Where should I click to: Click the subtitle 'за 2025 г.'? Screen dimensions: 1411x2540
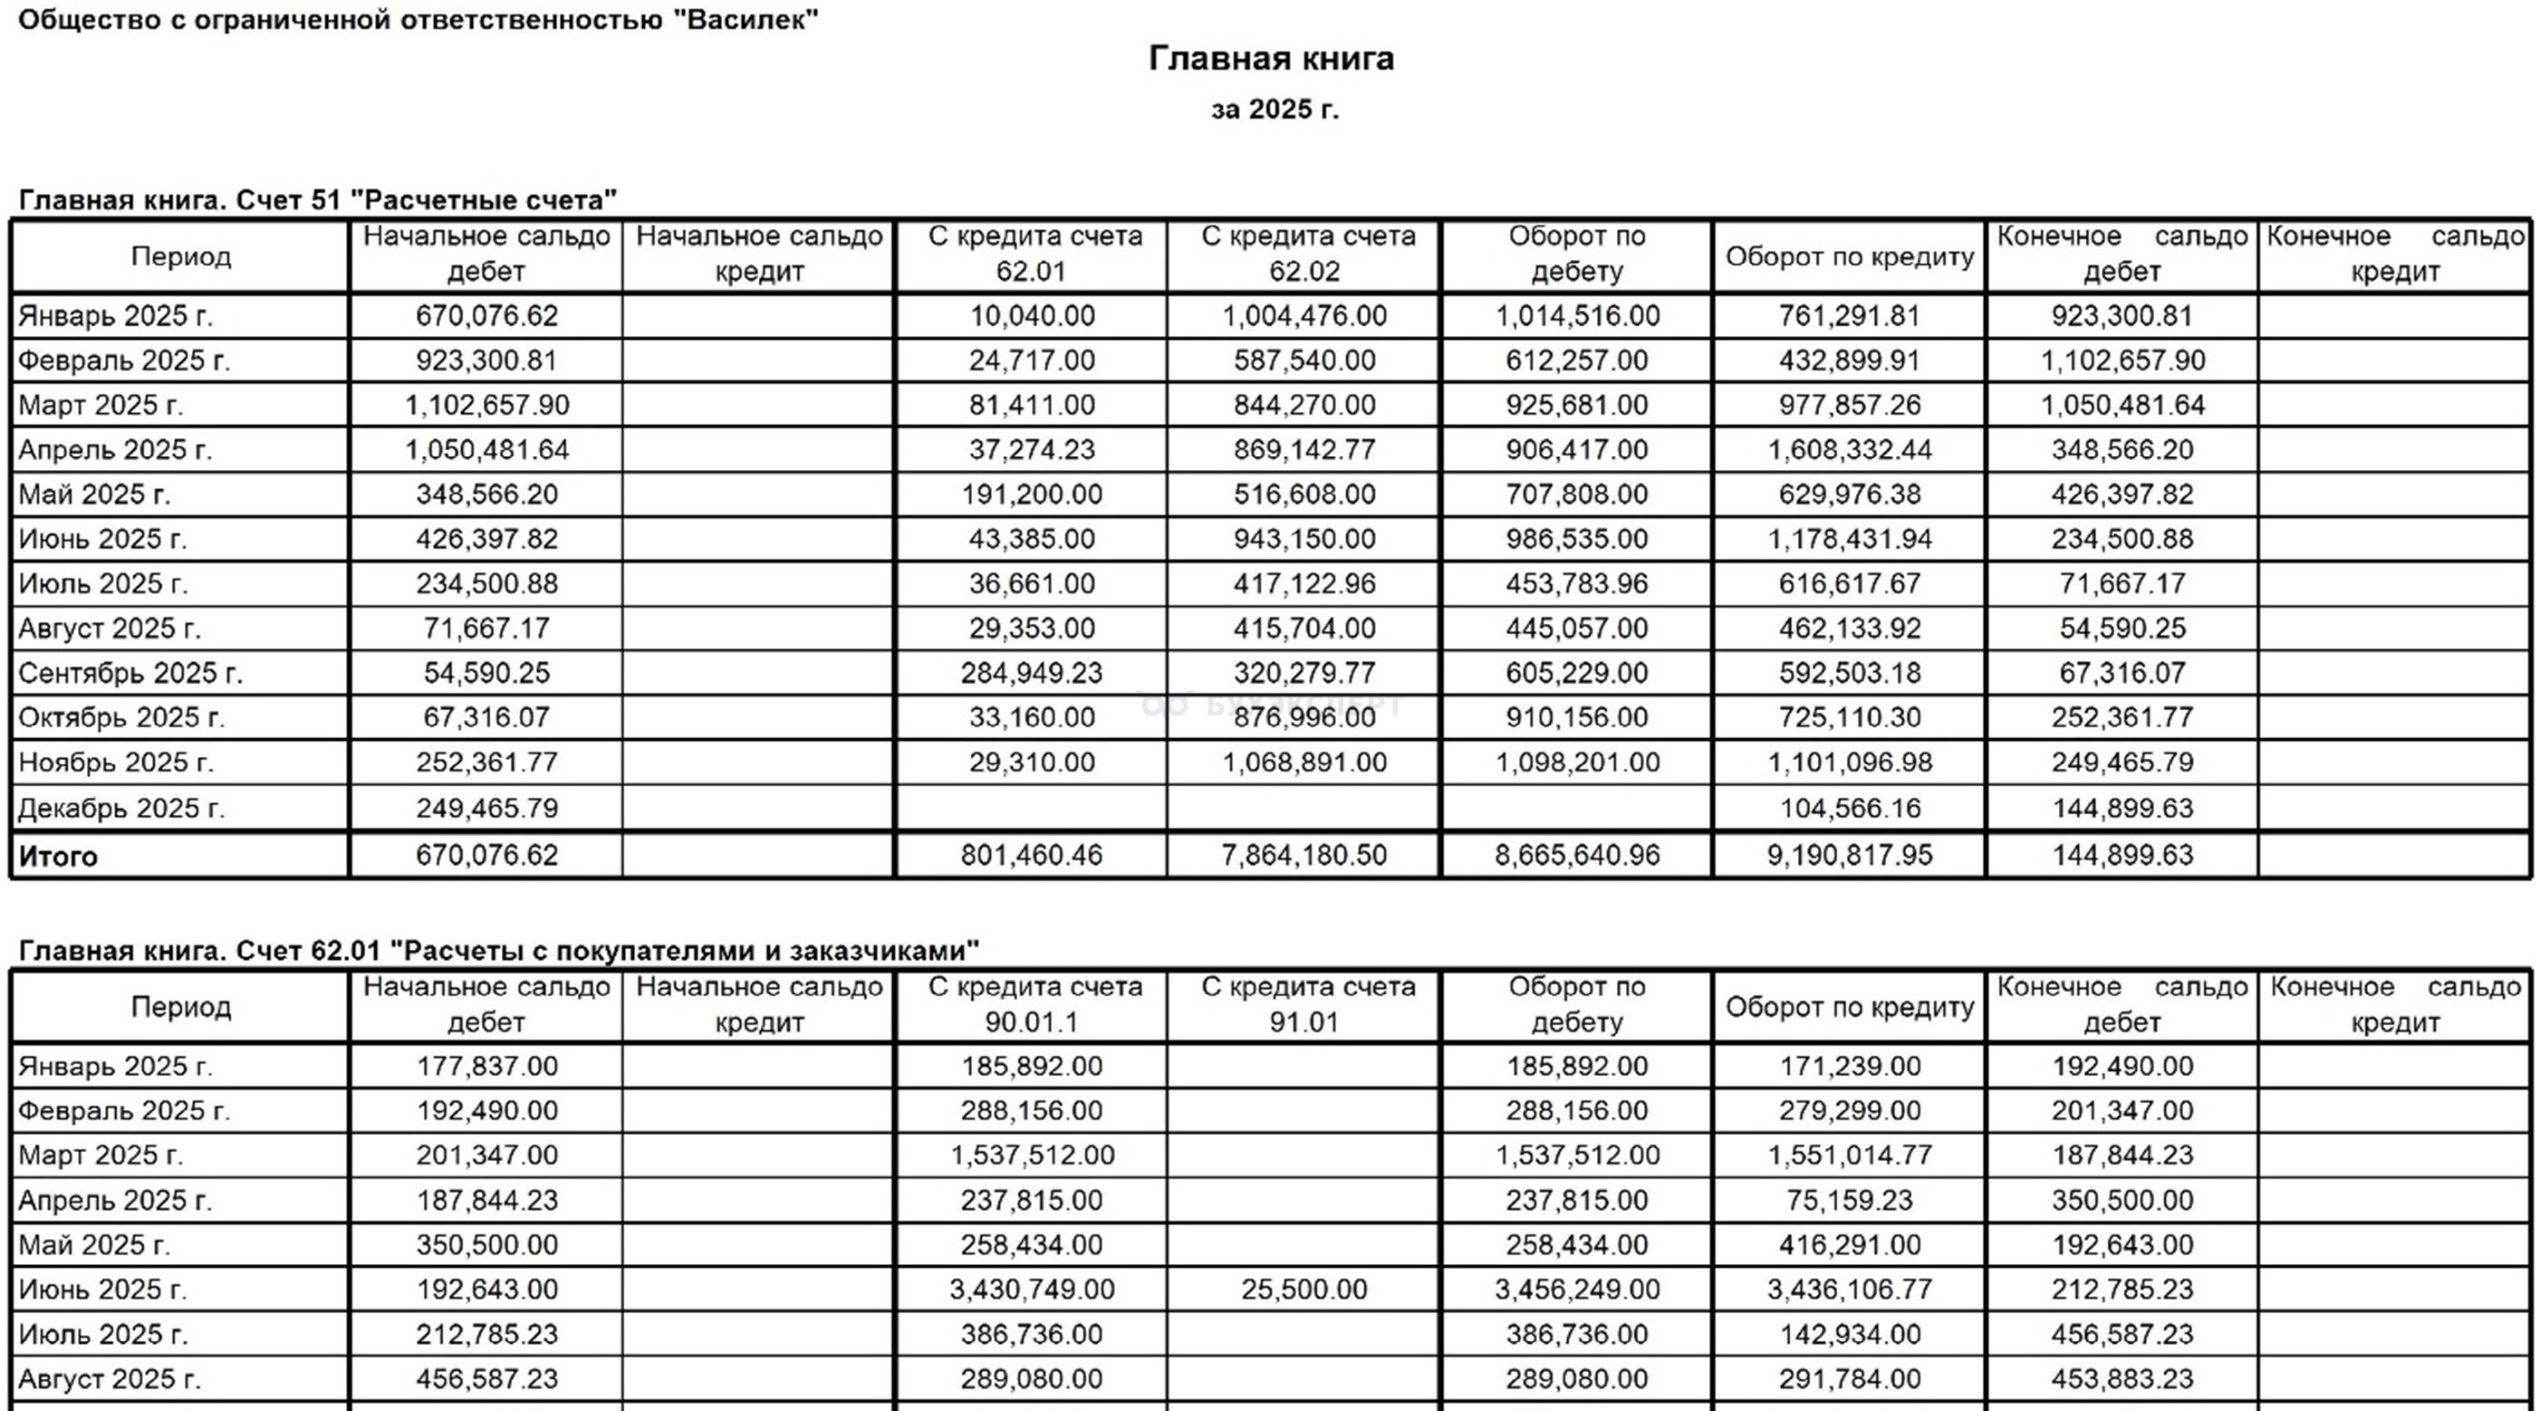click(x=1274, y=110)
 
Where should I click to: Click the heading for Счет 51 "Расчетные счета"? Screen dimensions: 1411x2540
click(x=317, y=200)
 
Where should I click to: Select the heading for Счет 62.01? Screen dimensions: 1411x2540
click(x=498, y=951)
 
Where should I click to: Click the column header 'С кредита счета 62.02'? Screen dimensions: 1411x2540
click(x=1304, y=254)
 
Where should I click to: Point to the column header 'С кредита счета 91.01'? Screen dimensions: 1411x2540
click(x=1304, y=1004)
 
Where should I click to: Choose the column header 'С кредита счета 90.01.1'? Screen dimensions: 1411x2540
click(x=1033, y=1004)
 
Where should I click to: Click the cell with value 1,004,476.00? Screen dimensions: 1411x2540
click(x=1304, y=316)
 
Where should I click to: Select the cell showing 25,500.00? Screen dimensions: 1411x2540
click(x=1304, y=1290)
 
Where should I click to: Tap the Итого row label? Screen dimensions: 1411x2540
click(x=58, y=856)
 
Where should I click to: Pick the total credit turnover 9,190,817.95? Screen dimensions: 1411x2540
click(x=1850, y=855)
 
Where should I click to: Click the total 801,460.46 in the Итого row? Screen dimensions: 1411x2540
click(x=1033, y=855)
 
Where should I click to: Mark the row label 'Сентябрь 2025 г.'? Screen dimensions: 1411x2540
click(x=130, y=674)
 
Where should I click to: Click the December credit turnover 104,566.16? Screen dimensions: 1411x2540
click(x=1850, y=809)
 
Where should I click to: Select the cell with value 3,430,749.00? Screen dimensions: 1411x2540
click(x=1033, y=1290)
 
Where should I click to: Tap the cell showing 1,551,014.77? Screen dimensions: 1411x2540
click(x=1850, y=1156)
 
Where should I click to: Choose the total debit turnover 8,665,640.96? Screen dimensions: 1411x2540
click(x=1577, y=855)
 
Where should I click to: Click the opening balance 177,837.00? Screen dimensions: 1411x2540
click(x=486, y=1067)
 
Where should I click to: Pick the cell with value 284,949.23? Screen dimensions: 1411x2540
click(x=1033, y=674)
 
